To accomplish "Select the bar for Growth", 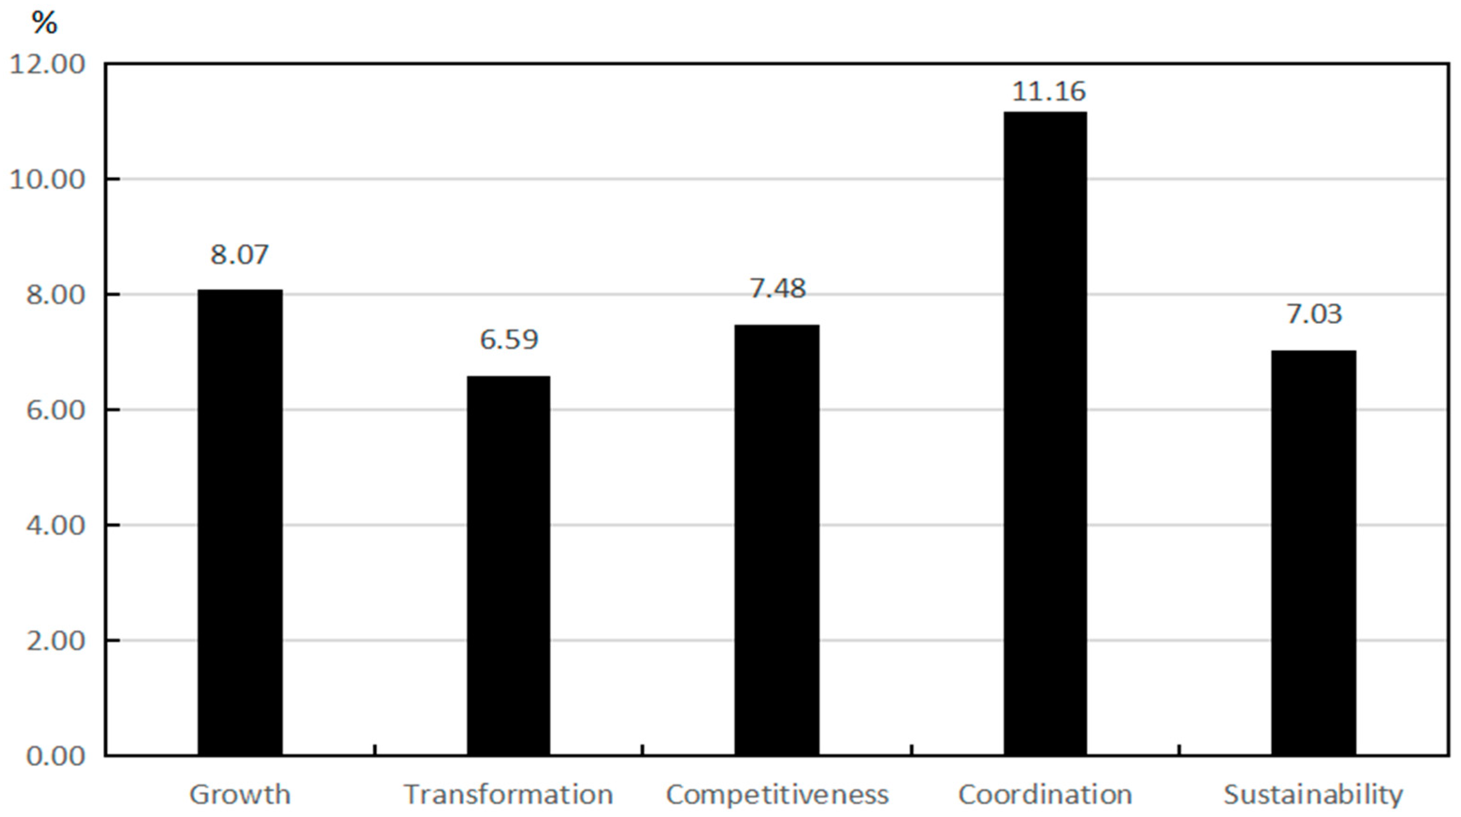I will [240, 522].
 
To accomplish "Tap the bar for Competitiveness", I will [776, 539].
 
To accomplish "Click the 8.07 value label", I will [239, 255].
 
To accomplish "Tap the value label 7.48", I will [778, 289].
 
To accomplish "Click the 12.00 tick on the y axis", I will [48, 64].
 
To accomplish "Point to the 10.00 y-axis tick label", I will [48, 180].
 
